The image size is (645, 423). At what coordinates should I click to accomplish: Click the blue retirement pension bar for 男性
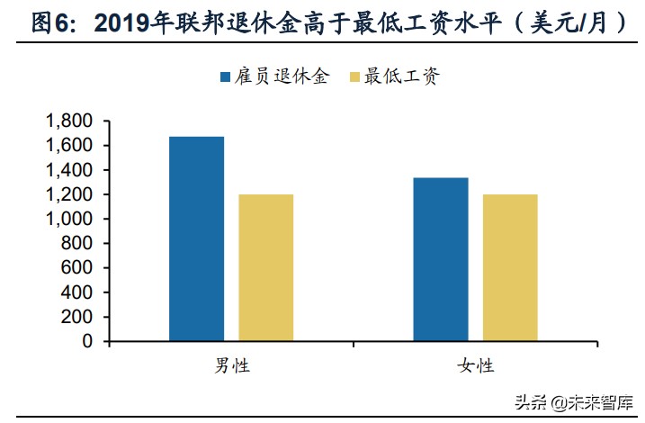click(196, 239)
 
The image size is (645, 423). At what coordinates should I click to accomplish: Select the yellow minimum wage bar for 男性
click(265, 268)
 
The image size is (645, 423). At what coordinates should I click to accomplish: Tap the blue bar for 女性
click(441, 260)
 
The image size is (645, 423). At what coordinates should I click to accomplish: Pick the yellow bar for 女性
click(510, 268)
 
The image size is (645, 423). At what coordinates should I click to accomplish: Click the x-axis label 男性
click(231, 365)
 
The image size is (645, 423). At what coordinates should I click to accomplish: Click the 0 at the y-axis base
click(87, 342)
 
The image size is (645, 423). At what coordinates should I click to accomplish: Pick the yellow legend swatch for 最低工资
click(351, 76)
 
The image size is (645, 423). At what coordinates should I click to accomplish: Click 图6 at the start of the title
click(49, 23)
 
